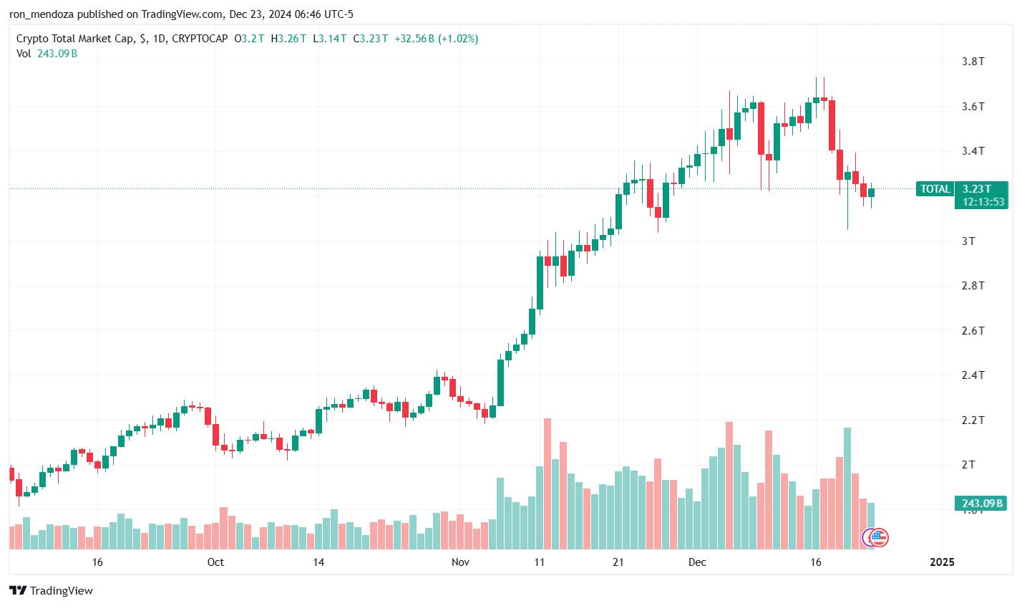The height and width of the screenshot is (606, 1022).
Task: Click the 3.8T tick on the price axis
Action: coord(973,62)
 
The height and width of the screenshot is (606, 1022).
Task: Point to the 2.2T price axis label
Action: coord(973,420)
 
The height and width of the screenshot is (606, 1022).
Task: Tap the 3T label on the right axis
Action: coord(968,241)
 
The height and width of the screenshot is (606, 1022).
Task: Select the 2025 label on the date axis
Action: coord(942,562)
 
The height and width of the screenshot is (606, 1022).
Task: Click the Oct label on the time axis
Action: coord(215,562)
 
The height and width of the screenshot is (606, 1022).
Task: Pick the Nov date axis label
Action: coord(460,562)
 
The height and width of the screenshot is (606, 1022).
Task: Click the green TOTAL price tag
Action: coord(935,189)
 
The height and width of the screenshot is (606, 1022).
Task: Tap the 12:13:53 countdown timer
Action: coord(983,202)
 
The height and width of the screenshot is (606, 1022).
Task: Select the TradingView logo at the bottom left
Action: coord(51,590)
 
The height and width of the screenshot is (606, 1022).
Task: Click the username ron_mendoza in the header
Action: coord(47,14)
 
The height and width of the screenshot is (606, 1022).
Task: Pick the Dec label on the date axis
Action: coord(697,562)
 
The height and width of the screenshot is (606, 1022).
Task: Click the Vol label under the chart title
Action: coord(24,54)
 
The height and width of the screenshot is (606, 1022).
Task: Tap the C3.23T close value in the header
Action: coord(371,39)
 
